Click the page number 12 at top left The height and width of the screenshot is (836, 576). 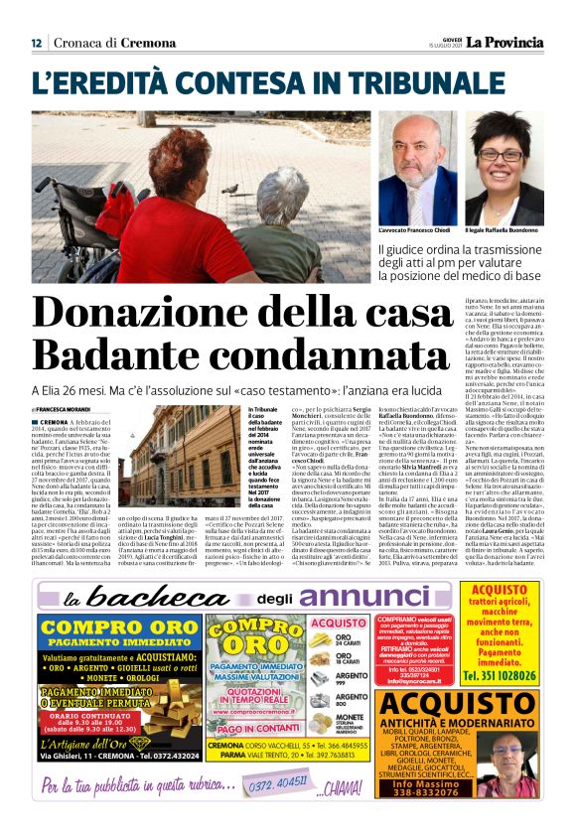coord(36,43)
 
